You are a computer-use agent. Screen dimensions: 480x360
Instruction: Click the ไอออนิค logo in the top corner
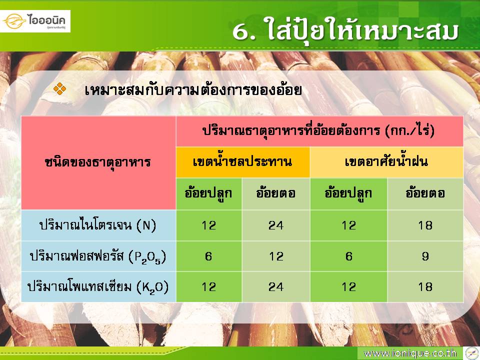point(35,21)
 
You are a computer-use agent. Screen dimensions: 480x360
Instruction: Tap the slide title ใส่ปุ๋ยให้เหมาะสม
point(345,30)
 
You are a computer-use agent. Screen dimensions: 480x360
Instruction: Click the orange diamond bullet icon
point(59,89)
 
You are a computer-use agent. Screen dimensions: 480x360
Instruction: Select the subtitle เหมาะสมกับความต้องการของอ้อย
point(193,90)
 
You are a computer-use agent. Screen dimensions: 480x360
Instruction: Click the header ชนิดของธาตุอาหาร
point(98,162)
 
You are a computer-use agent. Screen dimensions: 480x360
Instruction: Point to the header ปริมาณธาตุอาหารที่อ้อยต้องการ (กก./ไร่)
point(318,131)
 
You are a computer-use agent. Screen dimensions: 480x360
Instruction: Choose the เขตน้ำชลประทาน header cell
point(242,161)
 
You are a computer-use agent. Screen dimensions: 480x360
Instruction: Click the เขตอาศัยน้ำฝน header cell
point(386,161)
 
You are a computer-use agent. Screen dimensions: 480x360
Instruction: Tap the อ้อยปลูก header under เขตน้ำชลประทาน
point(208,193)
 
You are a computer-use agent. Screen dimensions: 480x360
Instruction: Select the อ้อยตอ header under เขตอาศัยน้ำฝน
point(425,193)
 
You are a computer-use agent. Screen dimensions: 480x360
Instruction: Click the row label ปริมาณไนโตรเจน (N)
point(98,225)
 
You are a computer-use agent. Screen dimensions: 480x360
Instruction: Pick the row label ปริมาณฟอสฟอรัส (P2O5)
point(98,256)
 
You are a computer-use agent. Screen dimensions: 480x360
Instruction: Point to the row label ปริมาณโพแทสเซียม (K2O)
point(98,287)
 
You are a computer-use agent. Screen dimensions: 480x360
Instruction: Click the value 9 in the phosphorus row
point(425,256)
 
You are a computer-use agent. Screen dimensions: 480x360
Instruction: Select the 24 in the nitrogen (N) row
point(276,225)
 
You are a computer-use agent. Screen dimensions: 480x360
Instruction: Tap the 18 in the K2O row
point(425,287)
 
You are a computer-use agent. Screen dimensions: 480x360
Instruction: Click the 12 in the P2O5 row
point(276,256)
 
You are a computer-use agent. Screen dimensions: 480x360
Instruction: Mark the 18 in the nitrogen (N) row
point(425,225)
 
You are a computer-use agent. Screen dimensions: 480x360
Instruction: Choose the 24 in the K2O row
point(276,287)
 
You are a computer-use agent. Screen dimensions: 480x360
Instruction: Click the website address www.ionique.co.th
point(410,353)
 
